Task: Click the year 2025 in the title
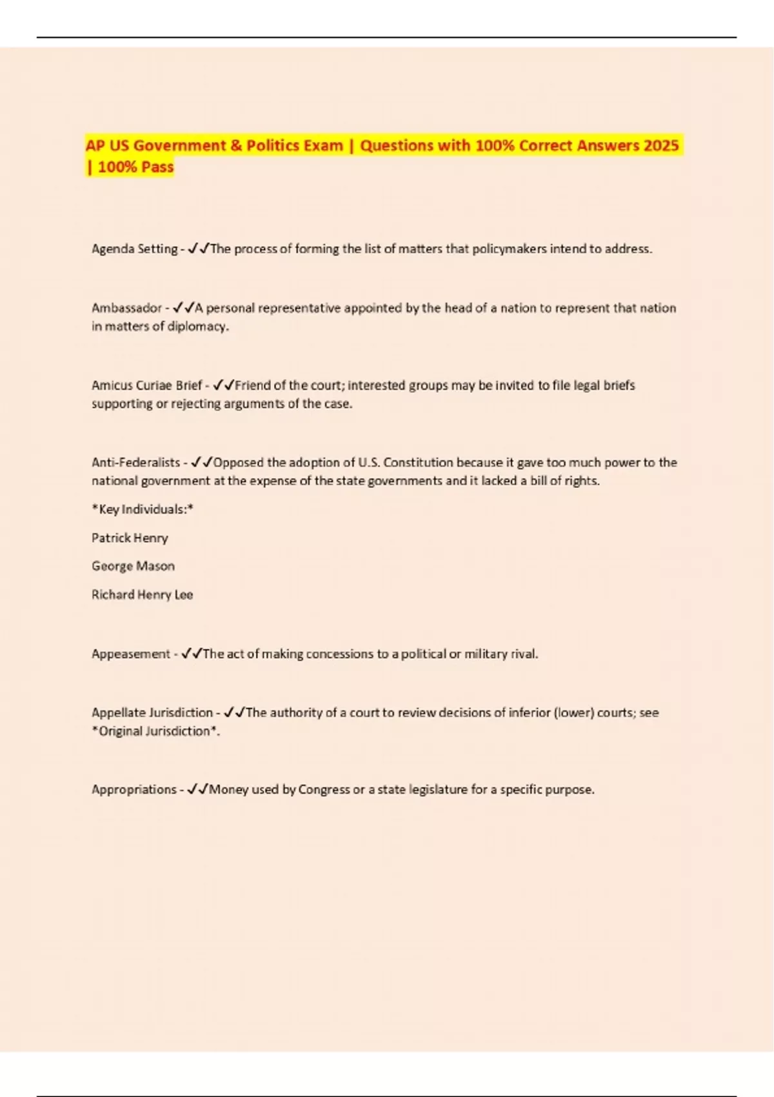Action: click(x=661, y=145)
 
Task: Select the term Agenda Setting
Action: click(x=134, y=249)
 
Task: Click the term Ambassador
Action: click(x=126, y=308)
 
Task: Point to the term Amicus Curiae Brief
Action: click(x=146, y=385)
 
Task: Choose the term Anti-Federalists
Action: click(x=135, y=463)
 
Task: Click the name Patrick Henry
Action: click(x=130, y=538)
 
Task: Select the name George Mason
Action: click(x=133, y=566)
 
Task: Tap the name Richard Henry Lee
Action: click(x=142, y=594)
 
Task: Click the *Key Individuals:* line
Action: click(x=143, y=509)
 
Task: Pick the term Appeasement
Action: click(x=130, y=654)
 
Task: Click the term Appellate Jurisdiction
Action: click(x=152, y=712)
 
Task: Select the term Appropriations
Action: click(x=134, y=789)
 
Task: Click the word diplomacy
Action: click(x=197, y=327)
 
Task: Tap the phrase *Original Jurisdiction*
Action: click(x=154, y=731)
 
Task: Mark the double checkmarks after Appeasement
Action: click(x=192, y=654)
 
